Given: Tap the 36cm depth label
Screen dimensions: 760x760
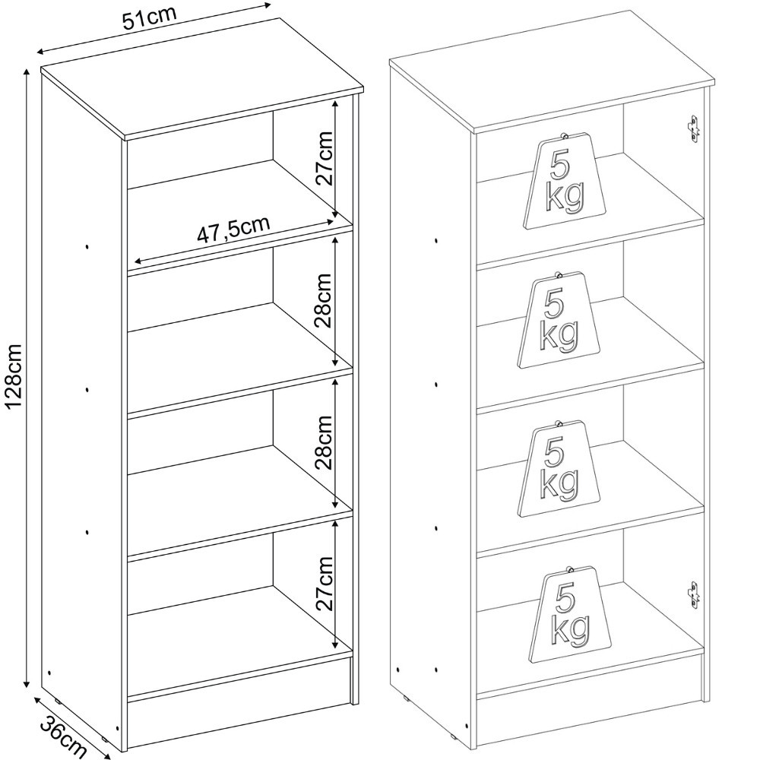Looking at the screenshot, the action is coord(62,735).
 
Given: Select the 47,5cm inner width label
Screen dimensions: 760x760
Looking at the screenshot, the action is coord(233,230).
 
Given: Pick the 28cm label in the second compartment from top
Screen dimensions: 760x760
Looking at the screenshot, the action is coord(323,300).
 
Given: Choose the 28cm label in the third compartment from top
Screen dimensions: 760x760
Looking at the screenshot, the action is coord(323,442).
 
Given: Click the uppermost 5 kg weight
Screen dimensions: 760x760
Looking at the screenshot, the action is coord(565,181).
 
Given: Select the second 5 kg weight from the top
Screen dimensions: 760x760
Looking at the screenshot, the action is coord(559,321).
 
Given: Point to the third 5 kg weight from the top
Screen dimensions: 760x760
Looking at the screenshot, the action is coord(559,469).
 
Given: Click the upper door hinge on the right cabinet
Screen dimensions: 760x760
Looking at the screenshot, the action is coord(694,128).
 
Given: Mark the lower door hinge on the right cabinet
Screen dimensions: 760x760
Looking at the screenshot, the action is coord(694,595).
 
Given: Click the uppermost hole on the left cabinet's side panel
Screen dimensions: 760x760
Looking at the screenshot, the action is coord(87,247).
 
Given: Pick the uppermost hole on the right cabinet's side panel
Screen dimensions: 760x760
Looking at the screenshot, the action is coord(436,240).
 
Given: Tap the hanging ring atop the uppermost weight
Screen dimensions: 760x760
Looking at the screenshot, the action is coord(564,135).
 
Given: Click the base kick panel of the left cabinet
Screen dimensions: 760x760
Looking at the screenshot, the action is coord(239,722).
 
